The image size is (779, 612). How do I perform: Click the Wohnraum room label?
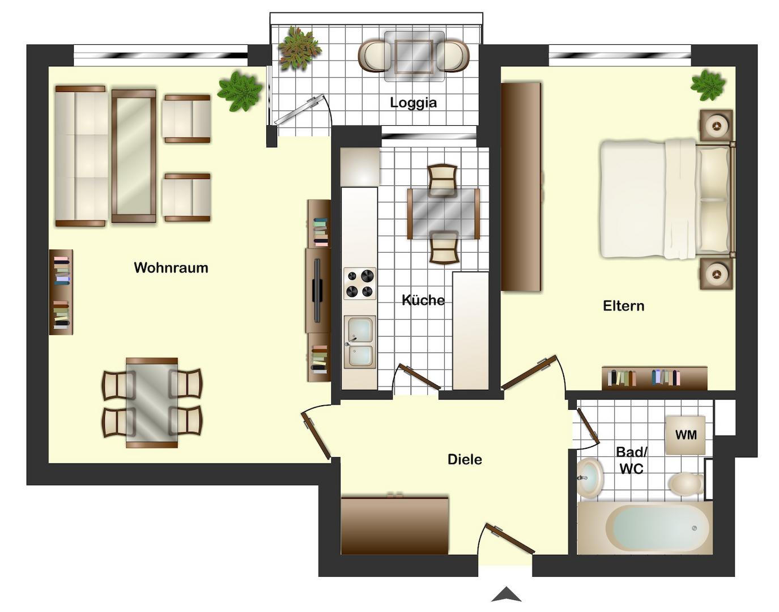click(x=171, y=268)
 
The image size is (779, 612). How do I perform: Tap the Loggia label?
click(x=414, y=103)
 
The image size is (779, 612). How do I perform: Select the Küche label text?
click(x=423, y=300)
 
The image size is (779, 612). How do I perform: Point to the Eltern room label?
click(x=623, y=306)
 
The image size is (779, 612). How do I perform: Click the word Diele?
click(x=465, y=459)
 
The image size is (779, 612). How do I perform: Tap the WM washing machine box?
click(x=686, y=435)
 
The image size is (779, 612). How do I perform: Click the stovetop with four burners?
click(x=360, y=283)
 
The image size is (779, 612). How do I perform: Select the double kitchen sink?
click(x=360, y=342)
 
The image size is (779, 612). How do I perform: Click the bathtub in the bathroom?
click(x=645, y=528)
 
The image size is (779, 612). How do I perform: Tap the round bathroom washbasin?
click(x=590, y=479)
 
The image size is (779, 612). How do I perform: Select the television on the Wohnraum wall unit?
click(x=317, y=290)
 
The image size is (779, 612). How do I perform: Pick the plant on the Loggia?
click(x=299, y=48)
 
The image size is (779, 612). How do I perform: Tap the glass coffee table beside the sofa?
click(x=134, y=156)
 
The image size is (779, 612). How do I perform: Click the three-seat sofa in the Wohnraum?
click(x=81, y=156)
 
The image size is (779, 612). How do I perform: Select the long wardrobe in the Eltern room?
click(x=521, y=187)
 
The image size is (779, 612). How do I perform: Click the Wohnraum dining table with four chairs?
click(x=152, y=403)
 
